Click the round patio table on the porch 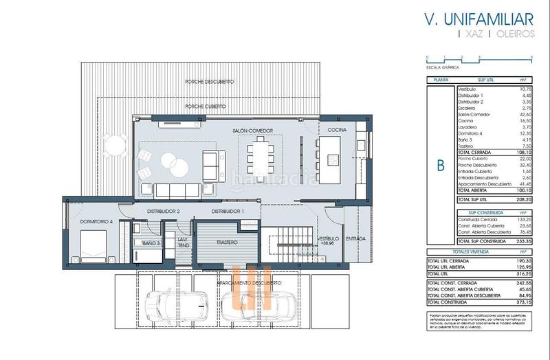[113, 145]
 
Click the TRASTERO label [226, 243]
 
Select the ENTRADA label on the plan [356, 238]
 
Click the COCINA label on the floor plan [336, 129]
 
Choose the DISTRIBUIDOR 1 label [228, 211]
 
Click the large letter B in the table [441, 165]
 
